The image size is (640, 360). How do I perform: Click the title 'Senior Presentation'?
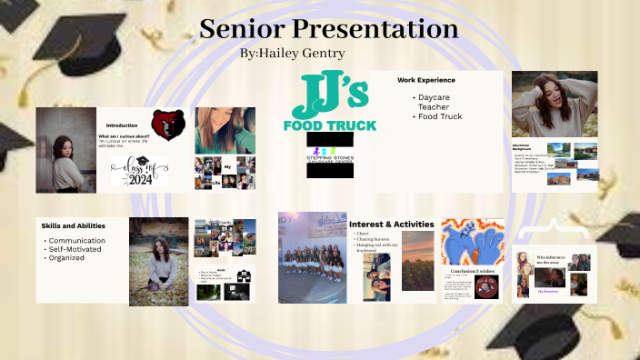pos(328,28)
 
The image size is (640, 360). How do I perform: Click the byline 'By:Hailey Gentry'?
pos(293,54)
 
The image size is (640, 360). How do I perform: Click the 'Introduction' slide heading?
pos(122,125)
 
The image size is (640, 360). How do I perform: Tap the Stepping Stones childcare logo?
pos(331,154)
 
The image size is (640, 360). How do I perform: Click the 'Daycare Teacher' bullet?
pos(440,101)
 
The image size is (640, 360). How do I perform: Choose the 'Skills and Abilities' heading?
pos(74,225)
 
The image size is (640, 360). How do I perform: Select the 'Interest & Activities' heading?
pos(392,224)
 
